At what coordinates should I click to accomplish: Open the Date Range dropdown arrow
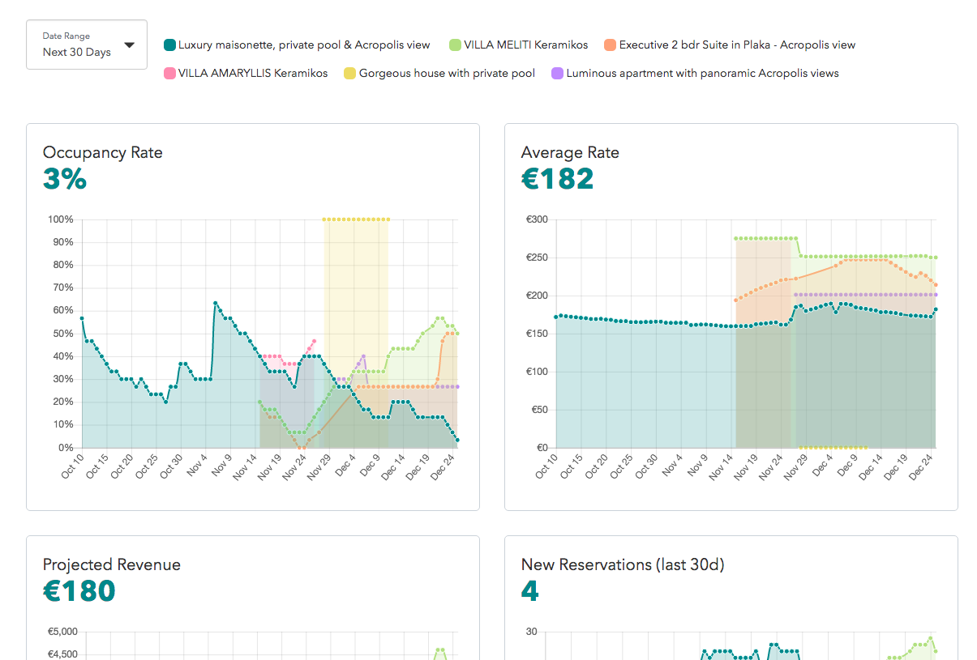[130, 45]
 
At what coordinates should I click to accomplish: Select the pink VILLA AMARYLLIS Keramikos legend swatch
[170, 74]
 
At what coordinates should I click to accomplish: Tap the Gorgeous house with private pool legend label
[447, 74]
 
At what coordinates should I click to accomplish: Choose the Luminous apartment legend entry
[702, 74]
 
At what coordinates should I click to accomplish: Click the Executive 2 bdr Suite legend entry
[736, 45]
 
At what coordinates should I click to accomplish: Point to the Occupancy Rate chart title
[103, 152]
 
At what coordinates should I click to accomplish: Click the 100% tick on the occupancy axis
[61, 219]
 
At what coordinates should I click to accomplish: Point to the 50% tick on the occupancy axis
[63, 334]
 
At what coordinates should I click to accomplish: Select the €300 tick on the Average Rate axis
[537, 219]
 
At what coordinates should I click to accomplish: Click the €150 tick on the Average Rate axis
[537, 334]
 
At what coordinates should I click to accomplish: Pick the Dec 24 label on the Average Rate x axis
[923, 467]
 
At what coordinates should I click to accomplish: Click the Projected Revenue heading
[112, 564]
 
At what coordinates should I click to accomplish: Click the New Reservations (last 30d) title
[623, 564]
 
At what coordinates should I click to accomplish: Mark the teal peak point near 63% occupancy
[215, 303]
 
